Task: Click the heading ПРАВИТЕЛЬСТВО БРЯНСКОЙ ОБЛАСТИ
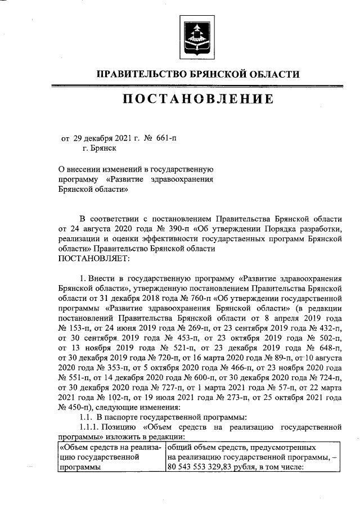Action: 199,74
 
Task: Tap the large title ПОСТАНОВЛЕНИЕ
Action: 199,100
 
